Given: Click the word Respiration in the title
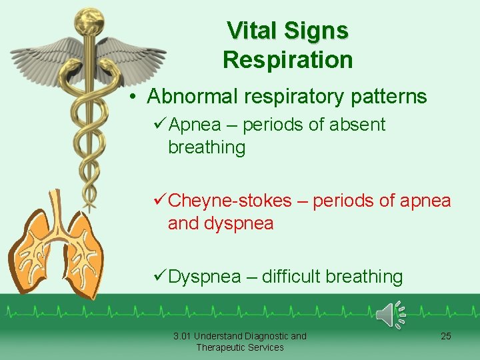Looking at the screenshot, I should [287, 60].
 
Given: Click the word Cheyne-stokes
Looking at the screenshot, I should [230, 201].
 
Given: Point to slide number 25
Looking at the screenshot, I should [446, 336].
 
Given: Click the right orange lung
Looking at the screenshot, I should [83, 253].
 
